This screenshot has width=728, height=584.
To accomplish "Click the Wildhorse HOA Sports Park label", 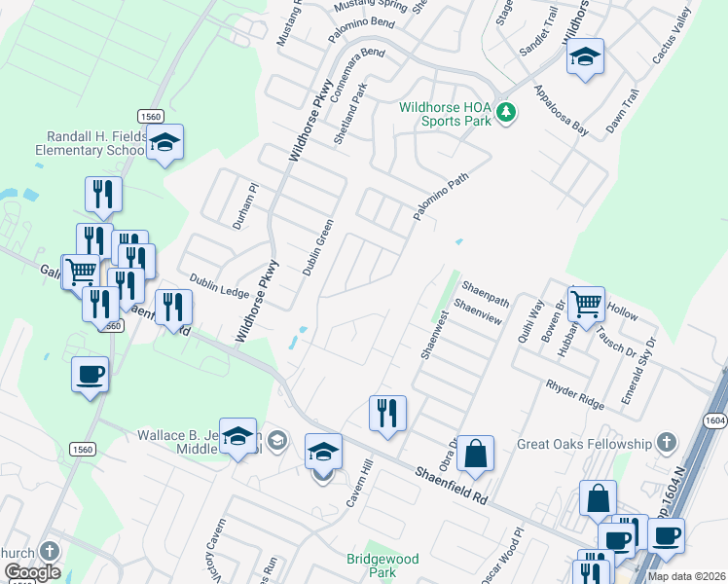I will [x=445, y=114].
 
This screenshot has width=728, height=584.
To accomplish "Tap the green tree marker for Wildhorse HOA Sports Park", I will [x=505, y=113].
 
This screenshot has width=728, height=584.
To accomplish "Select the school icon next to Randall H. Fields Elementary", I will [x=164, y=144].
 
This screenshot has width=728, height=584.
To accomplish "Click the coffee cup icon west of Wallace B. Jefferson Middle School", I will [x=90, y=374].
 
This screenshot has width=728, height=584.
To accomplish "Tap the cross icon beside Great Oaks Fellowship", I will [x=667, y=444].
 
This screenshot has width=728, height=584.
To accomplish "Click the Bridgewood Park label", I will [x=382, y=566].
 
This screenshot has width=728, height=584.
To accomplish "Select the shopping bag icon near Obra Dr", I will [x=475, y=453].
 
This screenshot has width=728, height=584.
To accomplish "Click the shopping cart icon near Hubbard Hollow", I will [x=586, y=304].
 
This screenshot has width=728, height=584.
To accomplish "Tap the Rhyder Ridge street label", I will [x=575, y=392].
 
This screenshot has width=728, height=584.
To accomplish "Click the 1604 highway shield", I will [x=714, y=419].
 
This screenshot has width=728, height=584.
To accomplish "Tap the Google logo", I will [x=32, y=571].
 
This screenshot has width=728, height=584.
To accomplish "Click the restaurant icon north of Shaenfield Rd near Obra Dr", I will [x=388, y=413].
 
